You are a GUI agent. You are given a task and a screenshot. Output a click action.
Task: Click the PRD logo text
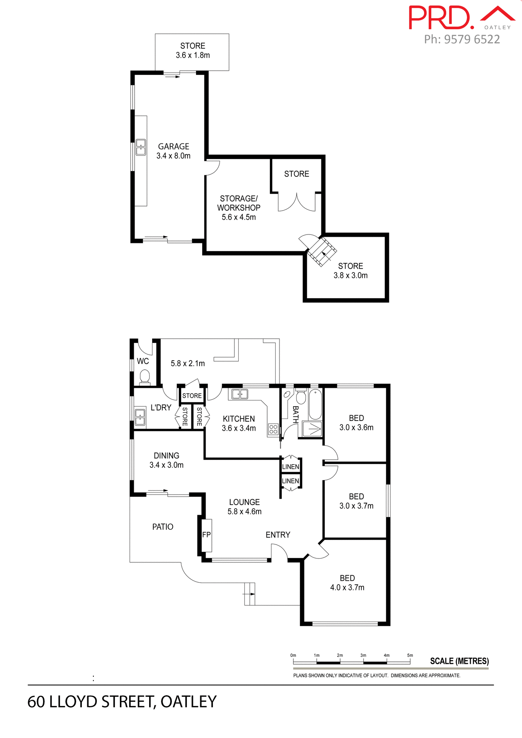[x=440, y=18]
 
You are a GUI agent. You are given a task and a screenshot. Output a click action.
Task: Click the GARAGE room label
[x=173, y=146]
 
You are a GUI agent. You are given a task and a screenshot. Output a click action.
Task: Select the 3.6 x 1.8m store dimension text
[x=193, y=55]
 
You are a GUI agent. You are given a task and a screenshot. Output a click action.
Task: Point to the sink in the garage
[x=141, y=147]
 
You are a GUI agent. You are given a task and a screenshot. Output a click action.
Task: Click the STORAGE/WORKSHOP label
[x=238, y=203]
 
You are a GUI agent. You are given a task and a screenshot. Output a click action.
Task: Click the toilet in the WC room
[x=145, y=376]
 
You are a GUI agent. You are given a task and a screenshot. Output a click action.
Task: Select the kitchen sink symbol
[x=240, y=394]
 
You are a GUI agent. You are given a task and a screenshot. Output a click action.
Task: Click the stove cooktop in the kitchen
[x=273, y=429]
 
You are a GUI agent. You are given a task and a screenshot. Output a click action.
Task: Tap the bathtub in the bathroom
[x=315, y=404]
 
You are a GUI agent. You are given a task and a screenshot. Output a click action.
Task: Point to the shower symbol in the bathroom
[x=312, y=429]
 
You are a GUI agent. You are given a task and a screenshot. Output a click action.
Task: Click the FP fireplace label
[x=206, y=535]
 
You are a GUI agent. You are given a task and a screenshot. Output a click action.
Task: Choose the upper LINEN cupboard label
[x=291, y=467]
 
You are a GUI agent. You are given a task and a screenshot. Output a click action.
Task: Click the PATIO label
[x=163, y=527]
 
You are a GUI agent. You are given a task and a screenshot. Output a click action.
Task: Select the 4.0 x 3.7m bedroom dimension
[x=347, y=587]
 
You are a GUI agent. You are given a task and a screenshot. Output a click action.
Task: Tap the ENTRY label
[x=278, y=535]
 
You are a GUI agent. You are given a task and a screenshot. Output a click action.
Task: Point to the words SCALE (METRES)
[x=459, y=661]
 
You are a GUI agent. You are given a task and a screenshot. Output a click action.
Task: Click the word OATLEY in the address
[x=188, y=702]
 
